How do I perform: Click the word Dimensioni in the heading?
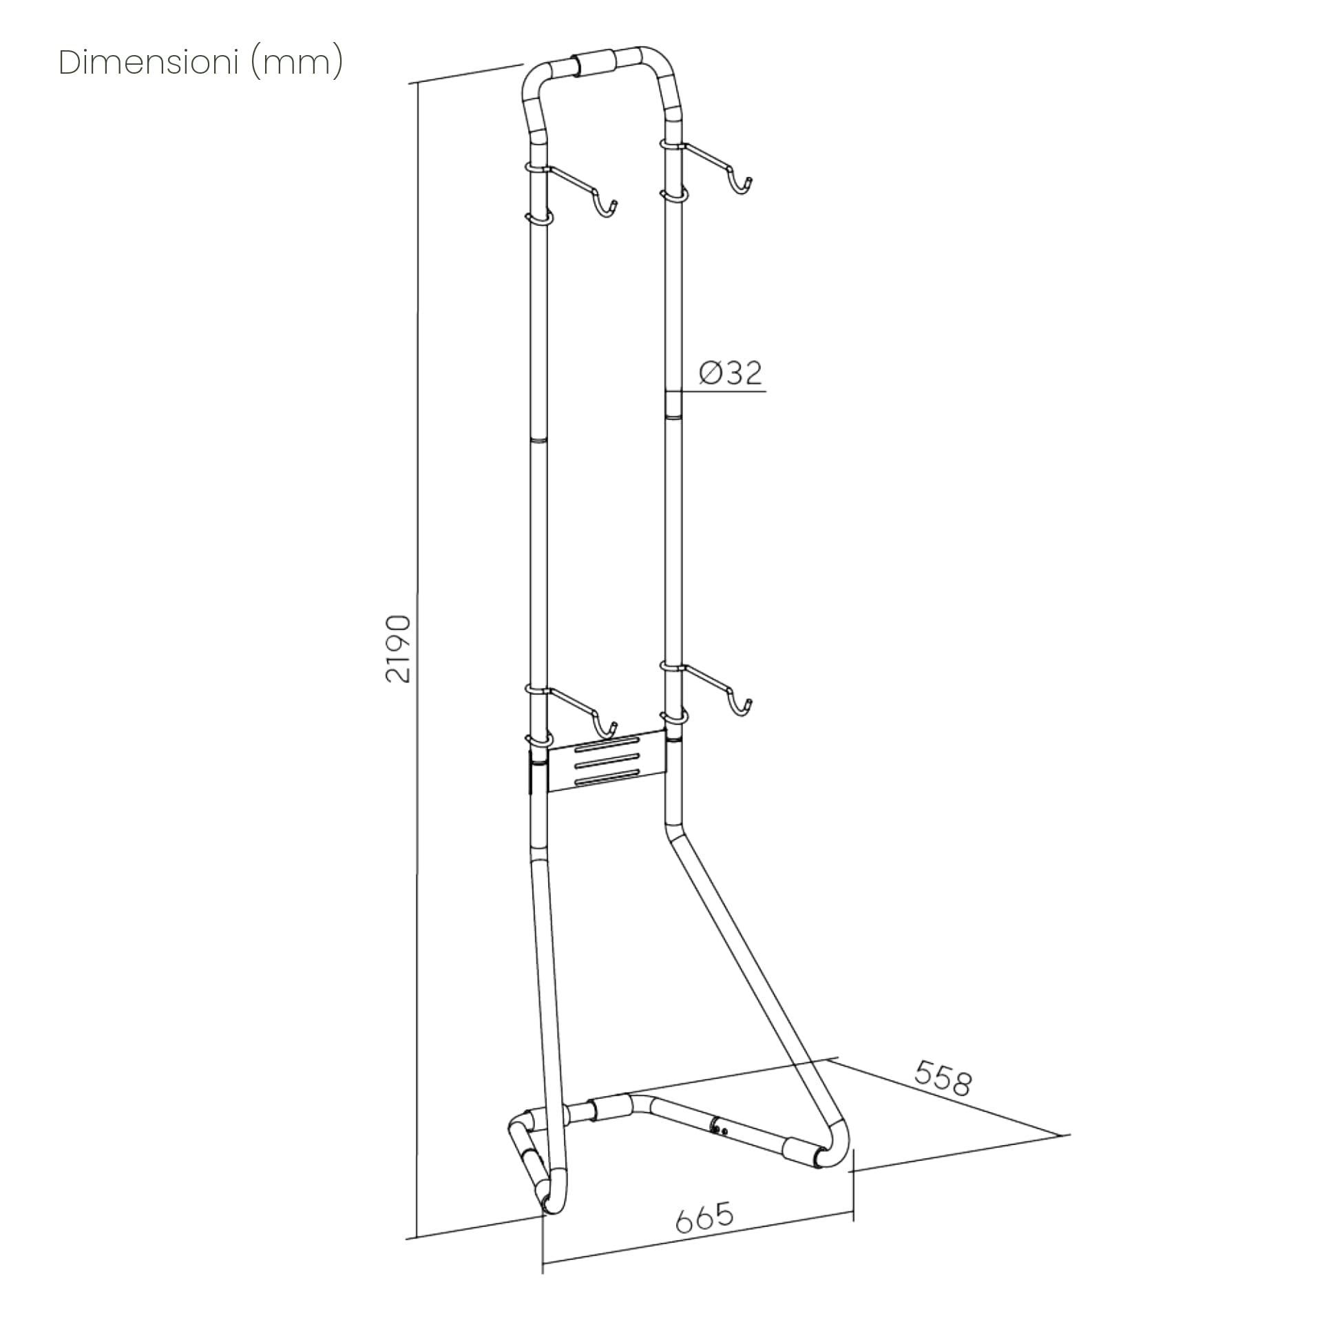pos(147,63)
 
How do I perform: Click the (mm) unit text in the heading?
pos(297,63)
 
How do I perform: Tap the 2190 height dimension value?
pos(399,649)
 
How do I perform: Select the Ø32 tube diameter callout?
pos(731,373)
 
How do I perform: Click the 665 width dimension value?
pos(705,1217)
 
